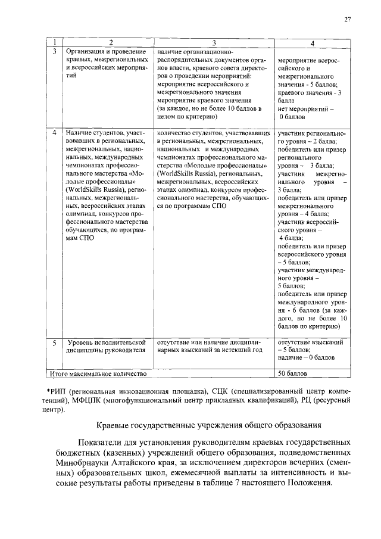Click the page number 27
tap(348, 20)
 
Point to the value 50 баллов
tap(293, 374)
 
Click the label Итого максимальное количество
tap(98, 374)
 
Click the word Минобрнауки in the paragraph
tap(82, 462)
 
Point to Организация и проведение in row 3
tap(102, 51)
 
